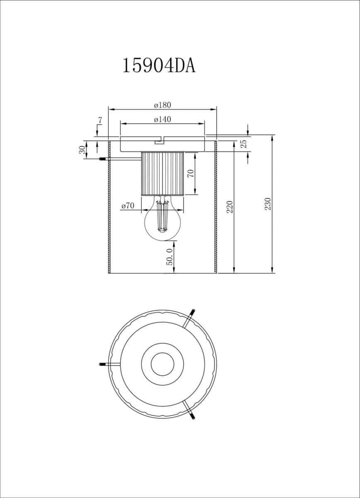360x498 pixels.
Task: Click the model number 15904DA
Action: pyautogui.click(x=159, y=66)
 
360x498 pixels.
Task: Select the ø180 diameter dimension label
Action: pyautogui.click(x=163, y=105)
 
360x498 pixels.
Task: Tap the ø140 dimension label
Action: pyautogui.click(x=163, y=120)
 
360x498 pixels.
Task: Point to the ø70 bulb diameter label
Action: pyautogui.click(x=128, y=206)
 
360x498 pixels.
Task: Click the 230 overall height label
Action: pyautogui.click(x=268, y=204)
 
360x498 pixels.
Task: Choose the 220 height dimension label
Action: pyautogui.click(x=230, y=207)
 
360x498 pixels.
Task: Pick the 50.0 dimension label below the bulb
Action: pyautogui.click(x=169, y=257)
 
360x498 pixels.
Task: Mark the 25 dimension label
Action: pyautogui.click(x=244, y=144)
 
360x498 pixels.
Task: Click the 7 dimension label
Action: pyautogui.click(x=100, y=120)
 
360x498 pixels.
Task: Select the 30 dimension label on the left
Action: pyautogui.click(x=82, y=150)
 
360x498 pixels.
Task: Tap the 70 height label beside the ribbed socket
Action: pyautogui.click(x=191, y=173)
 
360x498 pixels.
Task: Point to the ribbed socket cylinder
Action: pyautogui.click(x=163, y=173)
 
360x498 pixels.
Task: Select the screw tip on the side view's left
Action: pyautogui.click(x=102, y=159)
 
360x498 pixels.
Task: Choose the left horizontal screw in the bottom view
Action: pyautogui.click(x=110, y=364)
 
